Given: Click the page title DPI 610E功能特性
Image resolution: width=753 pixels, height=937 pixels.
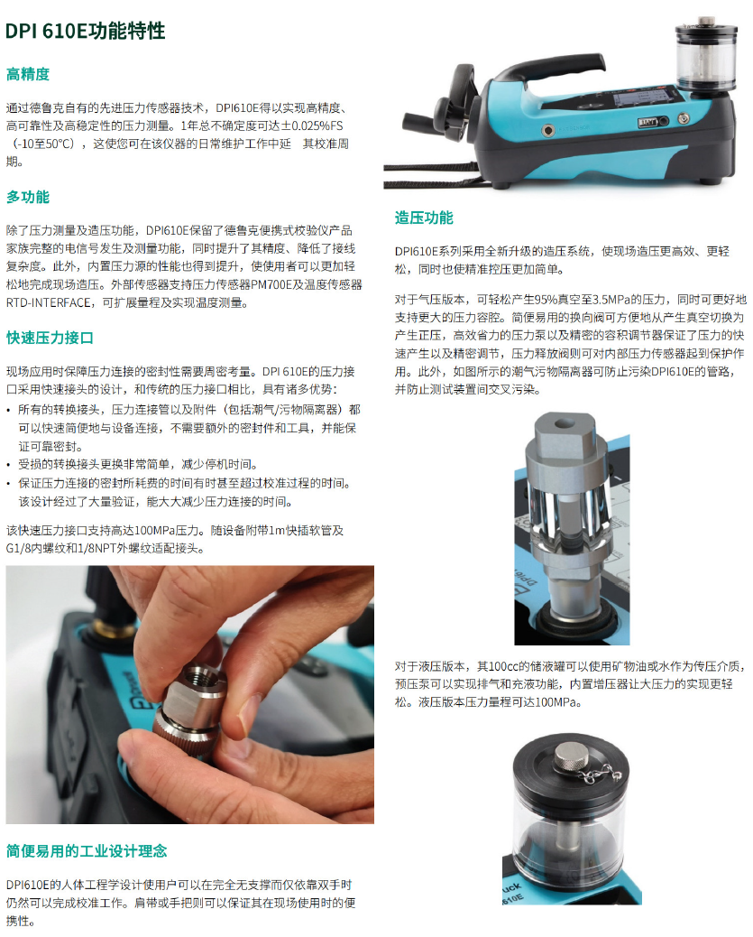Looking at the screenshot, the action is pyautogui.click(x=86, y=31).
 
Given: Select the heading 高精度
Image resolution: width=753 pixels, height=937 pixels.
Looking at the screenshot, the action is pyautogui.click(x=27, y=74).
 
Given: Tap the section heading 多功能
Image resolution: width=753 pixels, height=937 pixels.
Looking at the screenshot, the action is pyautogui.click(x=27, y=197).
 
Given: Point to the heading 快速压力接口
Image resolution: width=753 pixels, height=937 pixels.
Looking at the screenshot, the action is pyautogui.click(x=50, y=338).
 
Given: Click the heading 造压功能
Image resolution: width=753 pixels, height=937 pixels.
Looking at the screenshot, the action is pyautogui.click(x=423, y=218).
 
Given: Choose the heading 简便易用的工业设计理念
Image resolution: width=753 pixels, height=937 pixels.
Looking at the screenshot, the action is pyautogui.click(x=87, y=851).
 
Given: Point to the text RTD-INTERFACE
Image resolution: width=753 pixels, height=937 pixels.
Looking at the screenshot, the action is pyautogui.click(x=49, y=303).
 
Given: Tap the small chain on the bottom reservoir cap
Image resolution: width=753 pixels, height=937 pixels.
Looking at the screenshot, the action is pyautogui.click(x=600, y=774).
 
